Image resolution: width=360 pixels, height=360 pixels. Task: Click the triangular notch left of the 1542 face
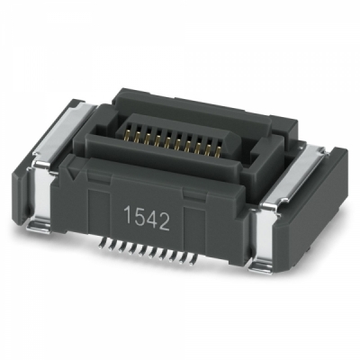click(69, 170)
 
